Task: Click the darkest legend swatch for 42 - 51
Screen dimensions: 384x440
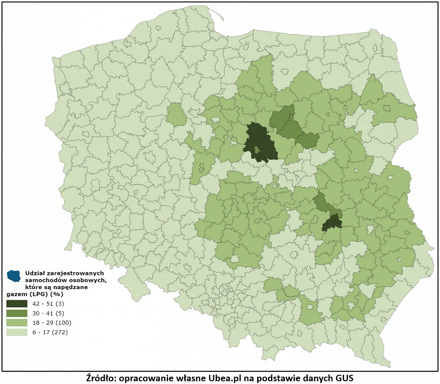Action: [17, 303]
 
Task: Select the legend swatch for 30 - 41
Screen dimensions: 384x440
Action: [17, 313]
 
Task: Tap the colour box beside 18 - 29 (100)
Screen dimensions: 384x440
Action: [17, 323]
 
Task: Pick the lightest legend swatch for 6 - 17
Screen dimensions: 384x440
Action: [17, 333]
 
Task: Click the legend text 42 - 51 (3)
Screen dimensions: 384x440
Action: [47, 303]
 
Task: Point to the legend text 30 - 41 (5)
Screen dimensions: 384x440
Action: [47, 313]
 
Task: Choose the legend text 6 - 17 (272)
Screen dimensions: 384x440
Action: [49, 333]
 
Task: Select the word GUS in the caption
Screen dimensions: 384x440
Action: [343, 378]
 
